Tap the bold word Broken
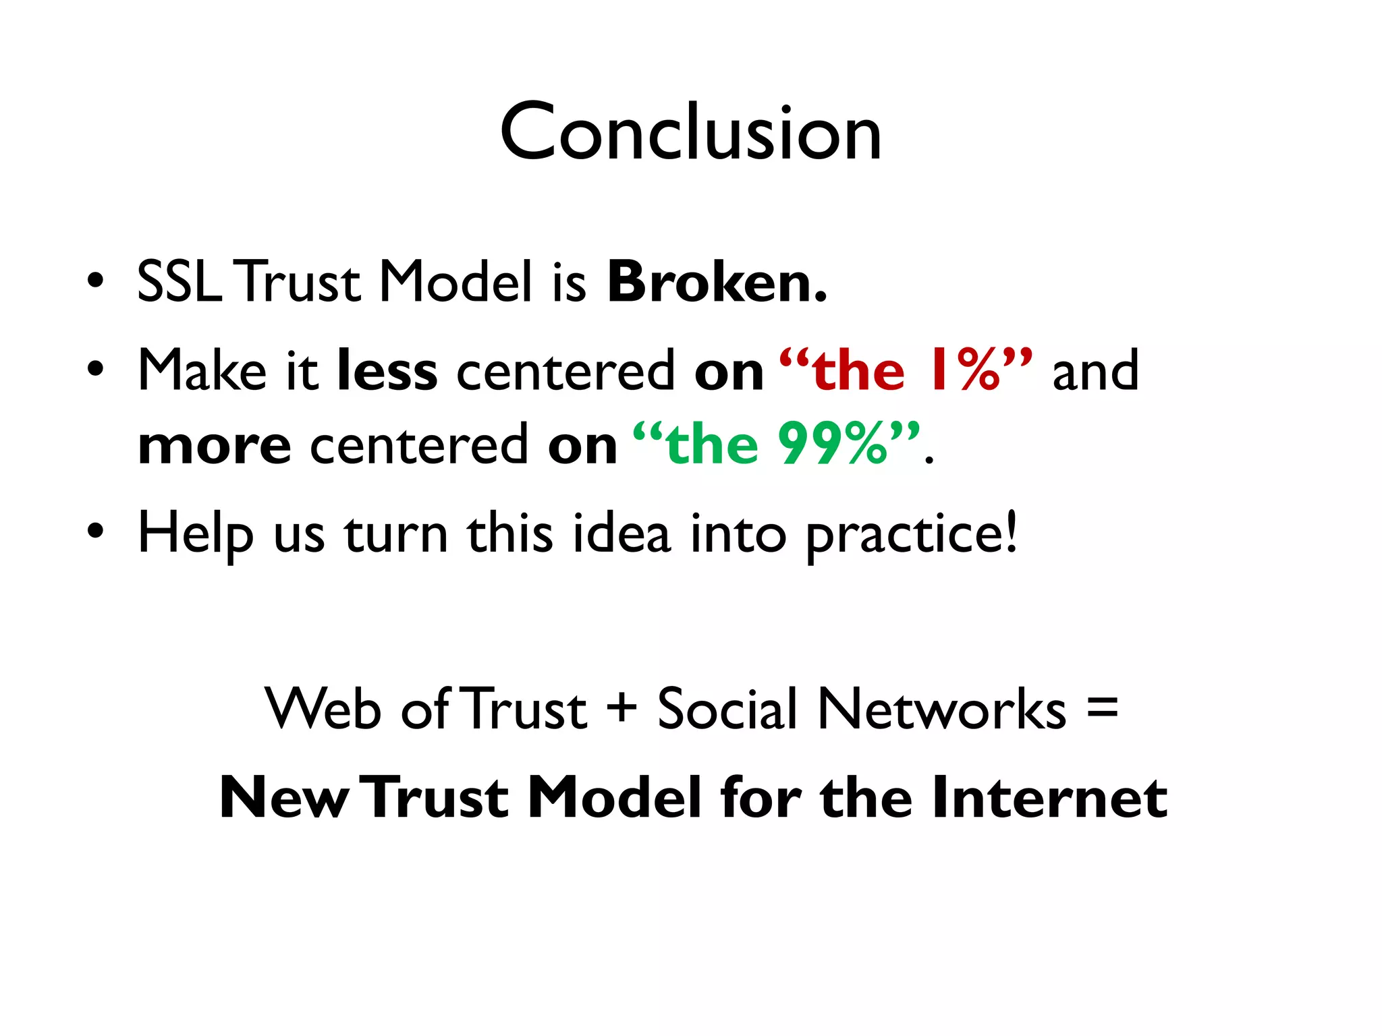pyautogui.click(x=717, y=281)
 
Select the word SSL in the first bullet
pyautogui.click(x=179, y=281)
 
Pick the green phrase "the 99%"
pyautogui.click(x=776, y=444)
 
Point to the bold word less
pyautogui.click(x=387, y=370)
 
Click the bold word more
pyautogui.click(x=214, y=446)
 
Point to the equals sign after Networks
pyautogui.click(x=1103, y=708)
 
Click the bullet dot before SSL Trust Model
pyautogui.click(x=95, y=280)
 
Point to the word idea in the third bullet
pyautogui.click(x=621, y=533)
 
